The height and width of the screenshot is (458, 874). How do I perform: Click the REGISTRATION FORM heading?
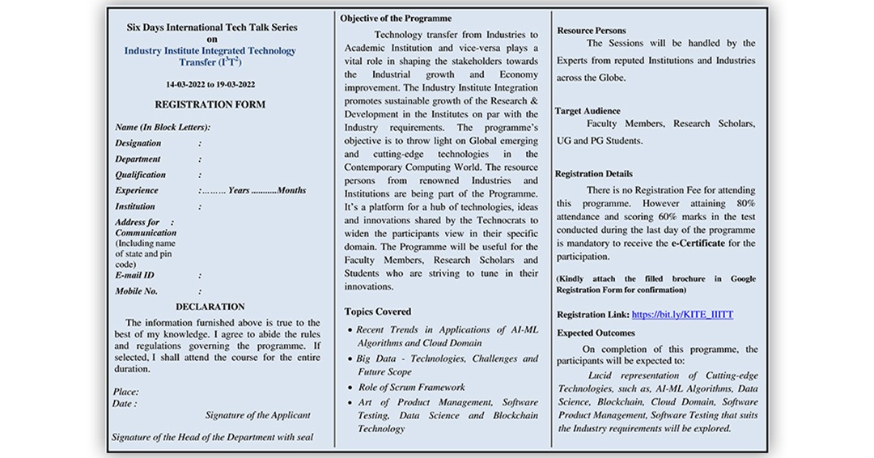(210, 104)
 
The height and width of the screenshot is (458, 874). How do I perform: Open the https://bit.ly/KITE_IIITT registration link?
(681, 314)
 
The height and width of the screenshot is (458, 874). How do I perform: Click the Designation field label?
(138, 143)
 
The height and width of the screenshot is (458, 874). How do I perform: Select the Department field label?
(138, 159)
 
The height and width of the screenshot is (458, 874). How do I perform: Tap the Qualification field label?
(140, 175)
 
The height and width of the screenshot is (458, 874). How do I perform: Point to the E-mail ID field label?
(134, 275)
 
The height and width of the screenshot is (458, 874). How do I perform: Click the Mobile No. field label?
(136, 291)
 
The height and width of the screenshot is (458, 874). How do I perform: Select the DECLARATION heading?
(210, 307)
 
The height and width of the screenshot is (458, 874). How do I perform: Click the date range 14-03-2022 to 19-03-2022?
(210, 84)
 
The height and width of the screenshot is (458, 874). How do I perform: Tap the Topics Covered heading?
(377, 312)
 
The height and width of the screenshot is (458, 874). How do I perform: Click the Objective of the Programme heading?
(396, 18)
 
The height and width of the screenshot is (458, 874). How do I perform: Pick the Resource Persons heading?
(592, 30)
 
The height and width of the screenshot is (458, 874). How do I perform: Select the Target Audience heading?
(588, 111)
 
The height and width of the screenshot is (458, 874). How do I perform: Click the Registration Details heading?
(594, 174)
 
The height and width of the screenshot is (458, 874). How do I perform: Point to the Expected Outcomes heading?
(596, 333)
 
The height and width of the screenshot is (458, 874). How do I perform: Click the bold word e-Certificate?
(702, 244)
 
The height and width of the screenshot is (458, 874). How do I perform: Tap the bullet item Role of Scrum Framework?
(411, 388)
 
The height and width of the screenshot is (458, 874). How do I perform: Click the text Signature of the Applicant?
(257, 415)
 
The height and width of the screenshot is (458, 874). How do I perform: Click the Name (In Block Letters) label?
(163, 127)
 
